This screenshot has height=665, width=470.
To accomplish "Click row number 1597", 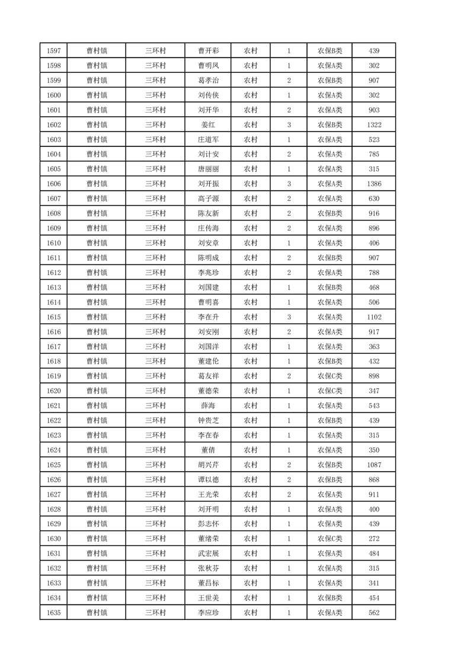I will (53, 51).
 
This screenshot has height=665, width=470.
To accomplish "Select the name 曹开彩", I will (208, 51).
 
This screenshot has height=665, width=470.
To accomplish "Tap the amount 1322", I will (373, 125).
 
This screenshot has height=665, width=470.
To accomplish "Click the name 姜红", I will (208, 125).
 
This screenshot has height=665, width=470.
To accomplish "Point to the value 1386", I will (373, 184).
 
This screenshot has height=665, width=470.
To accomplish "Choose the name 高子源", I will (208, 199).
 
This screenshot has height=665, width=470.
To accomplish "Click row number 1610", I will (53, 243).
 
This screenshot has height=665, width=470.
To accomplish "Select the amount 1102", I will (373, 317).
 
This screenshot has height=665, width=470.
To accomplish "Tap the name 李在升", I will (208, 317).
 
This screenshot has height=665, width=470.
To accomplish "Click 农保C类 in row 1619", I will (330, 376).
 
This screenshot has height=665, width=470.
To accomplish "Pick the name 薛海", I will (208, 406).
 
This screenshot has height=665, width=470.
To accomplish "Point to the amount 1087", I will (373, 465).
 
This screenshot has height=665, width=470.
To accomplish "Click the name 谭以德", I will (208, 480).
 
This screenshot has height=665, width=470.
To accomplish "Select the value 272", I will (373, 539).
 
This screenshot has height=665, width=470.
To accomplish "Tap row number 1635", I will (53, 613).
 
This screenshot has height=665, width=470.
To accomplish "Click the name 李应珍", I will (208, 613).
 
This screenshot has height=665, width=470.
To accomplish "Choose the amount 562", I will (373, 613).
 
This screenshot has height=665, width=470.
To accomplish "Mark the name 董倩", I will (208, 450).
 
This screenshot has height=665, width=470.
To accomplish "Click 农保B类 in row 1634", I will (330, 598).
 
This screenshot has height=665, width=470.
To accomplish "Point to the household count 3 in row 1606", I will (289, 184).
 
